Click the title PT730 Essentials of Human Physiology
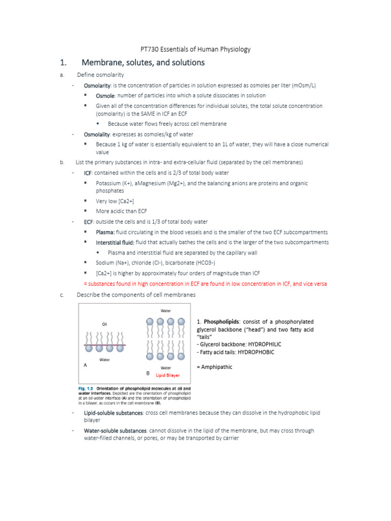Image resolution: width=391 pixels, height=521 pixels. (x=195, y=49)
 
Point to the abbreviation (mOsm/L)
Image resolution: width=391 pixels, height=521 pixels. (x=300, y=85)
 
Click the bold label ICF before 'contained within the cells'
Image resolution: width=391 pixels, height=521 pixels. (x=88, y=173)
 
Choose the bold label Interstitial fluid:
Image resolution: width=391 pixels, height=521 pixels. (x=115, y=242)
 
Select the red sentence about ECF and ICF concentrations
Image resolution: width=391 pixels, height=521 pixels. (x=205, y=283)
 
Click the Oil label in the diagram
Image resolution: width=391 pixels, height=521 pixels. (x=104, y=324)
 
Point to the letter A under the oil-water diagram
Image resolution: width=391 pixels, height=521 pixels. (x=85, y=365)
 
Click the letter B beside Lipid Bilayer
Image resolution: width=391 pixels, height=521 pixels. (x=148, y=373)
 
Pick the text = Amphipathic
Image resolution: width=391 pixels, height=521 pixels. (x=214, y=367)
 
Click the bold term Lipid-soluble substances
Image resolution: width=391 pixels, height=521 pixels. (x=113, y=413)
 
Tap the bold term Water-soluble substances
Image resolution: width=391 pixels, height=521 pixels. (x=115, y=430)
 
